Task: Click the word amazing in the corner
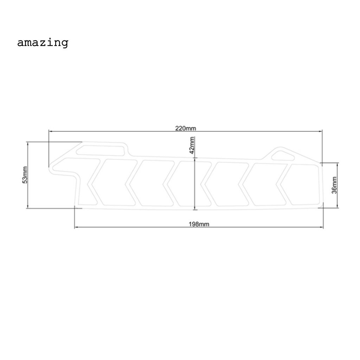[42, 43]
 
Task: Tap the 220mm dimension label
[186, 128]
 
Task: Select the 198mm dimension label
[199, 224]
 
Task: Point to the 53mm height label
[25, 175]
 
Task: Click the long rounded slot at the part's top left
[101, 150]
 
